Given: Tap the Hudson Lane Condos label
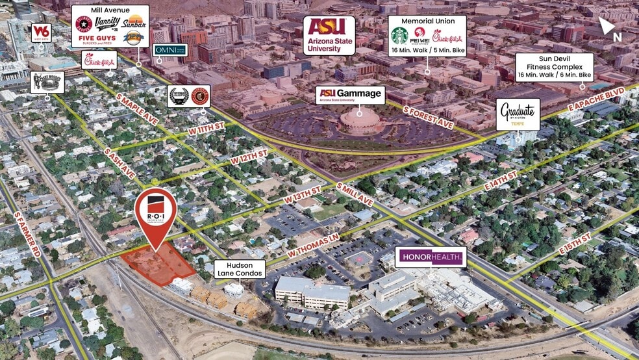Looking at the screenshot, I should (x=240, y=269).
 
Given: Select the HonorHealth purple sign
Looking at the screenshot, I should (x=431, y=257).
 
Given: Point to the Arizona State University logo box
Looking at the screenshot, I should (x=329, y=35).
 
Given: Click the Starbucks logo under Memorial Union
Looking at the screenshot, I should (x=399, y=35).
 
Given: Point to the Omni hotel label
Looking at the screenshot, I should (x=170, y=50).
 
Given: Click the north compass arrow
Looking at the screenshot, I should (x=608, y=27).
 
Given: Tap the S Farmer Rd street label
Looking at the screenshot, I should (x=29, y=233).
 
